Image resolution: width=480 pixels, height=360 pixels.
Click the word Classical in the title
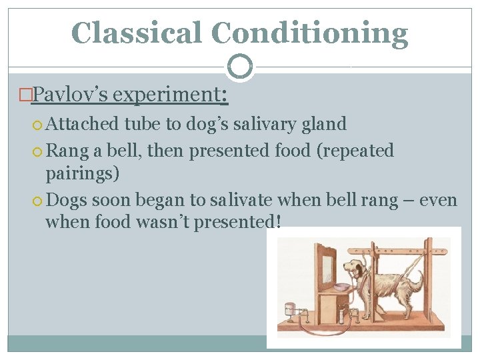tap(137, 33)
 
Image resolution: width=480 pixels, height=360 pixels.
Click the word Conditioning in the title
tap(310, 33)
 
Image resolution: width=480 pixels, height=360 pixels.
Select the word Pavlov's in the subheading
tap(69, 95)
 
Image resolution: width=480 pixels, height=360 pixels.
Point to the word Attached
tap(83, 124)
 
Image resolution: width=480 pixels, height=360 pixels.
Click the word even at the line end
tap(437, 199)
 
